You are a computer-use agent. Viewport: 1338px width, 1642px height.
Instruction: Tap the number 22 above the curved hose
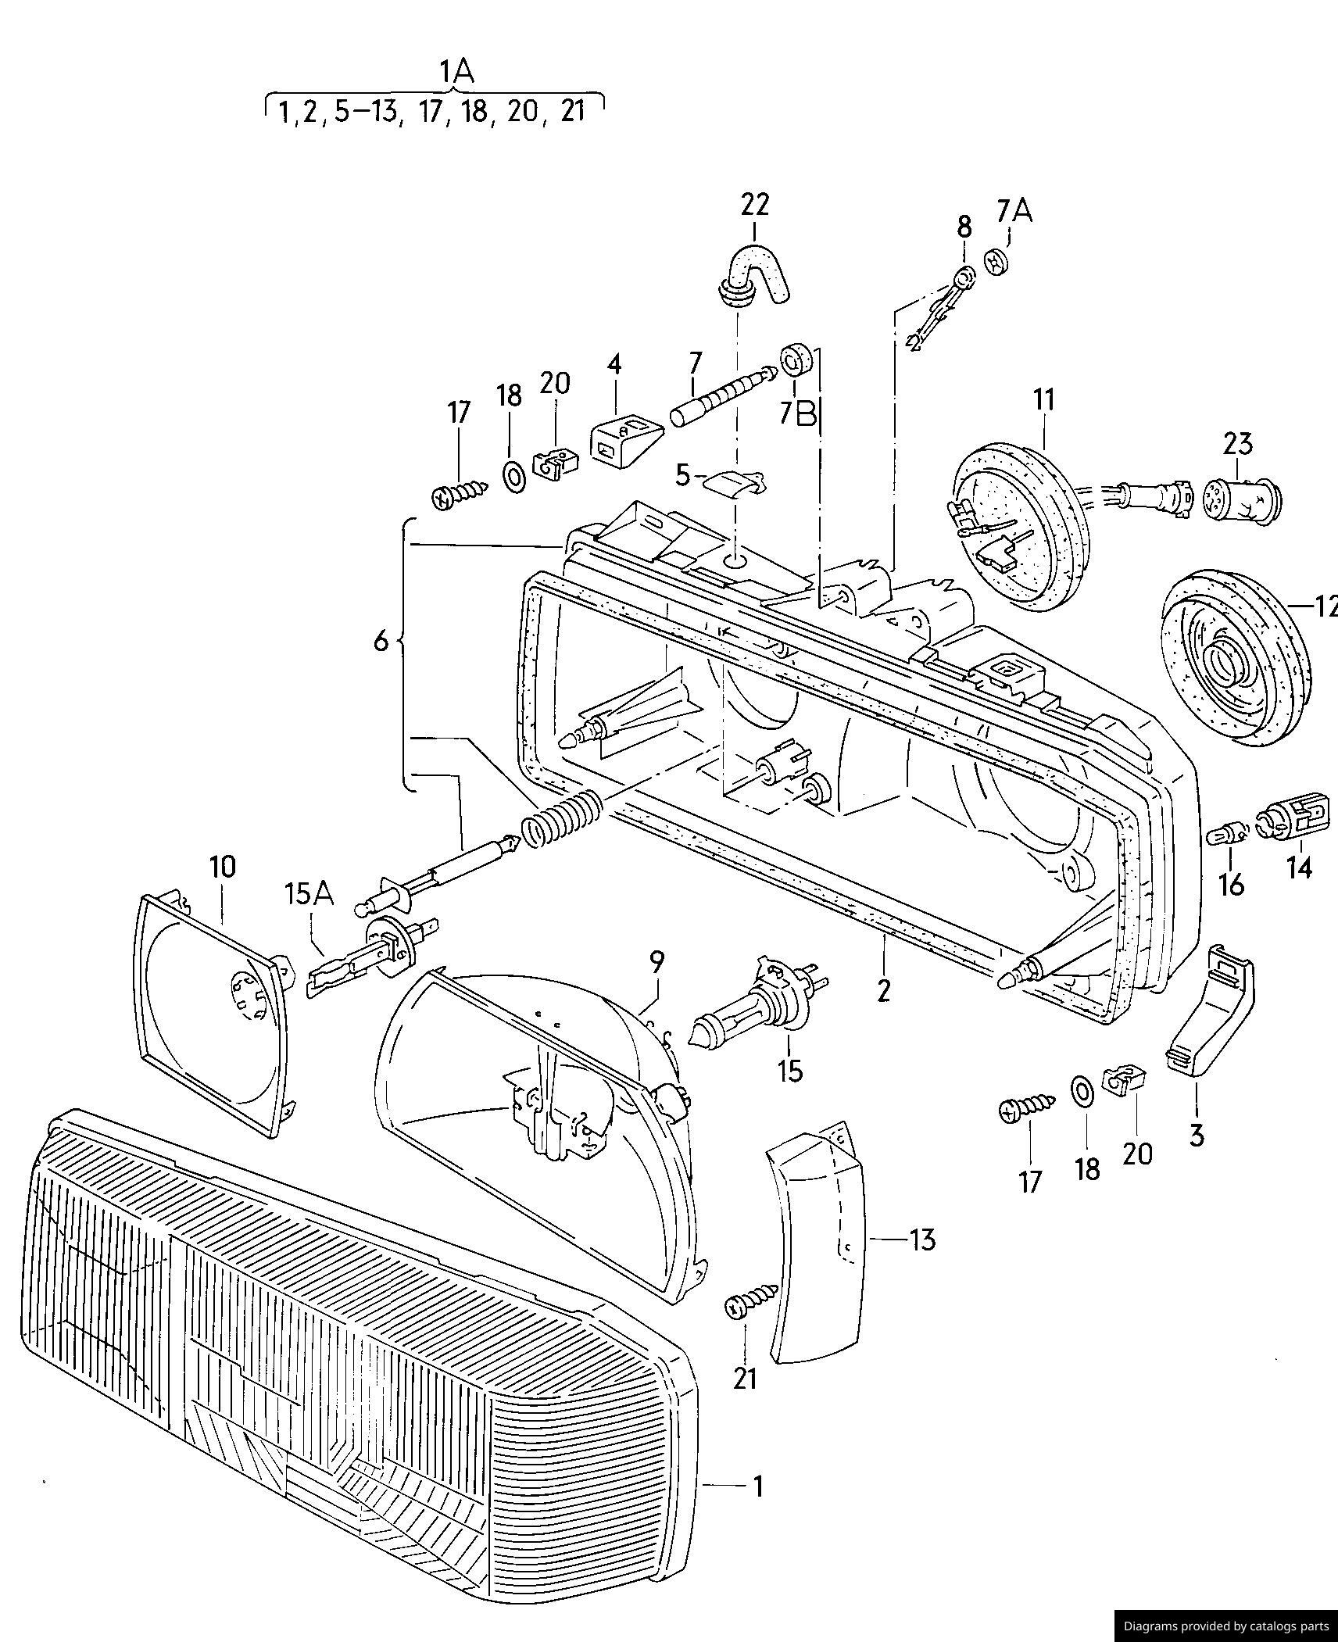pyautogui.click(x=754, y=204)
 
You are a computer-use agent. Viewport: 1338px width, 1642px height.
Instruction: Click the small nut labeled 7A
pyautogui.click(x=996, y=261)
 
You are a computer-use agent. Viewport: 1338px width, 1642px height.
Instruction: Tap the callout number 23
pyautogui.click(x=1238, y=444)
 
